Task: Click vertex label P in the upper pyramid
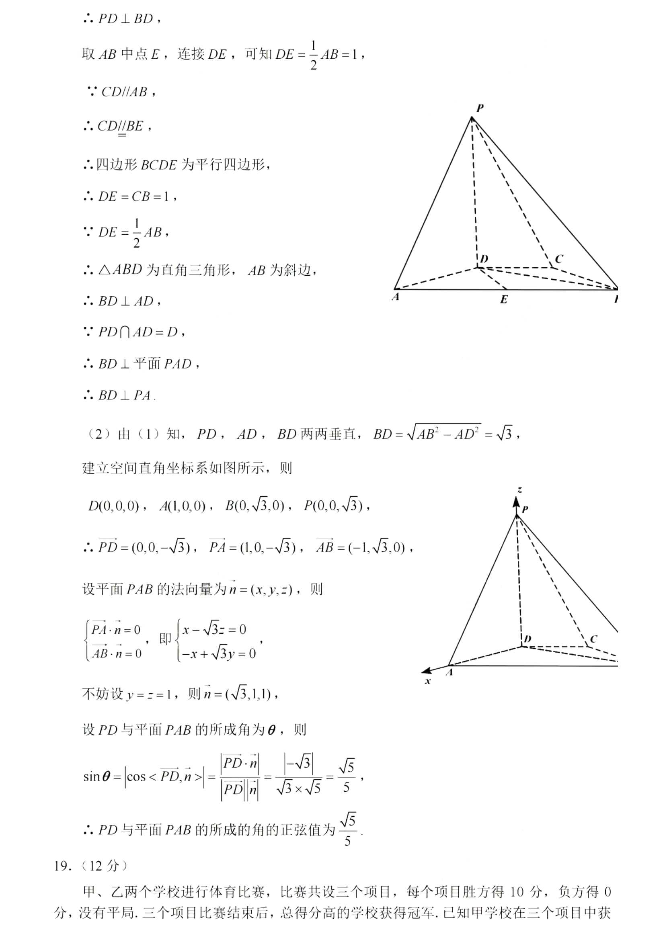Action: point(480,108)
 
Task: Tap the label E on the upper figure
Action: point(504,300)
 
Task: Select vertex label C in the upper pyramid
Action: point(558,259)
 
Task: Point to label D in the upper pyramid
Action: point(484,259)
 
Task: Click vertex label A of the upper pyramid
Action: point(396,297)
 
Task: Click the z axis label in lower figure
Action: point(519,489)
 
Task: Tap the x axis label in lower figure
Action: point(428,681)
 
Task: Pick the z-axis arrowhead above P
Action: point(517,501)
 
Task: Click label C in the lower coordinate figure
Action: point(593,639)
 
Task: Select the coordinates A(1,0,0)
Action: point(183,506)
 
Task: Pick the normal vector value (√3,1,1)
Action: point(248,694)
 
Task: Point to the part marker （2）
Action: point(98,434)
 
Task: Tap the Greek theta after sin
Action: point(106,776)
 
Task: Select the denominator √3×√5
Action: point(298,788)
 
